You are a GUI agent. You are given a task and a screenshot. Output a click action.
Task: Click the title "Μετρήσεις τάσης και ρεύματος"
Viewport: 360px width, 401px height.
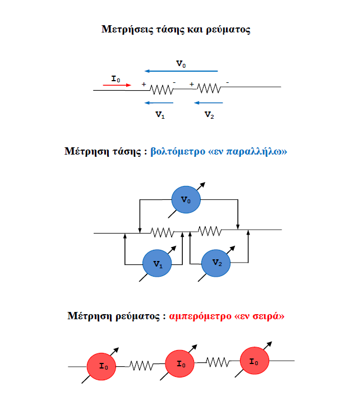[176, 30]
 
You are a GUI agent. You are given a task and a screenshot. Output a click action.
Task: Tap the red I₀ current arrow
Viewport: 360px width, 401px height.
[117, 86]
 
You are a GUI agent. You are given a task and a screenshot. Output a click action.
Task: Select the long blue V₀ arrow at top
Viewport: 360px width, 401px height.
[181, 71]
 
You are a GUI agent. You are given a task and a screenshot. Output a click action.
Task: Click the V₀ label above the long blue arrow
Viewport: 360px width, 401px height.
[181, 63]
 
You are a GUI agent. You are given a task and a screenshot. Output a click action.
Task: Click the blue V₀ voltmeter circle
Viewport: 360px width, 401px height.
[186, 199]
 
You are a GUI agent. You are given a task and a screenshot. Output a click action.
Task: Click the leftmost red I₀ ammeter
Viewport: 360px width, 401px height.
[103, 366]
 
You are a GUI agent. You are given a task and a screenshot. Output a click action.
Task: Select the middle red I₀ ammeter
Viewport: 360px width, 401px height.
[181, 364]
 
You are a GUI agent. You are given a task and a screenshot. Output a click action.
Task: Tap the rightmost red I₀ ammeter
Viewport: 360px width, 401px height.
[256, 362]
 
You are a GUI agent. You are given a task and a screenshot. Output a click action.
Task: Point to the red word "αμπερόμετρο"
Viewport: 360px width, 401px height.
[199, 316]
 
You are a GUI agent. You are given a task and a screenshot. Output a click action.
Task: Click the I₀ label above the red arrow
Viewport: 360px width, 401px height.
[116, 79]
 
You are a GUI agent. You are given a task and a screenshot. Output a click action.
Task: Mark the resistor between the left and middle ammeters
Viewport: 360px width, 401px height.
[141, 365]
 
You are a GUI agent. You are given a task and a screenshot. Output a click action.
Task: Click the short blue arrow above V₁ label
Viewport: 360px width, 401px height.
[159, 102]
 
